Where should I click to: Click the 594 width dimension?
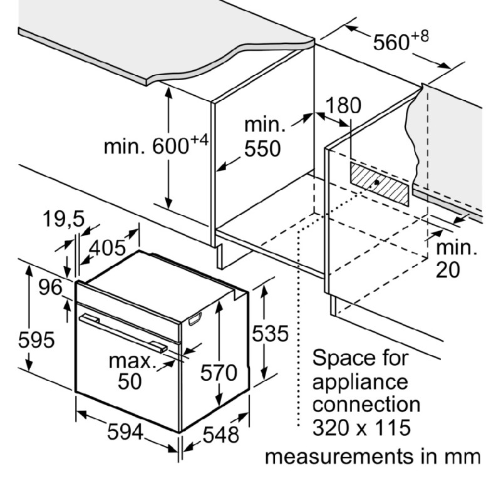[x=125, y=432]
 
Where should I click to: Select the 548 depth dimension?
[x=221, y=435]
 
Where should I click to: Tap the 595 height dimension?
[x=36, y=339]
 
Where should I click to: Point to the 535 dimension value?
[x=271, y=334]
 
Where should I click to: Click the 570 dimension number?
[x=219, y=373]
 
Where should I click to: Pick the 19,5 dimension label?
[x=64, y=219]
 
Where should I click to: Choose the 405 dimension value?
[x=107, y=247]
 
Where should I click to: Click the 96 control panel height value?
[x=51, y=287]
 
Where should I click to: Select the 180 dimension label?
[x=343, y=105]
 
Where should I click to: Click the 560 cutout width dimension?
[x=391, y=42]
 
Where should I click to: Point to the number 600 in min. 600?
[x=170, y=146]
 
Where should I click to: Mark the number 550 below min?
[x=262, y=148]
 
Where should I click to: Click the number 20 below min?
[x=448, y=270]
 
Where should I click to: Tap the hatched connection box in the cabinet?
[x=380, y=183]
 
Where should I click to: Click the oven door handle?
[x=123, y=333]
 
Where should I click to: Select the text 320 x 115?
[x=361, y=428]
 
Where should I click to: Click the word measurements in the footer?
[x=339, y=457]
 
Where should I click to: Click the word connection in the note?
[x=366, y=405]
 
